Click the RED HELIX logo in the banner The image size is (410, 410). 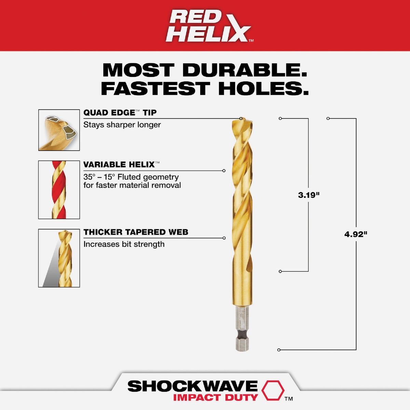pyautogui.click(x=209, y=26)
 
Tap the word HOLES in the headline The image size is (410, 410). pyautogui.click(x=263, y=88)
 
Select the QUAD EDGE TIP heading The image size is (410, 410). pyautogui.click(x=120, y=113)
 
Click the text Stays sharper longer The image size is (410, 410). pyautogui.click(x=122, y=125)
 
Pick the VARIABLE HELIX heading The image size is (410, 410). pyautogui.click(x=119, y=165)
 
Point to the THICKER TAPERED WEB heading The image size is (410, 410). pyautogui.click(x=136, y=232)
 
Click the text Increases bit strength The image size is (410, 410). pyautogui.click(x=124, y=244)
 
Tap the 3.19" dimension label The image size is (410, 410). pyautogui.click(x=309, y=195)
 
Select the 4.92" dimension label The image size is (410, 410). pyautogui.click(x=356, y=234)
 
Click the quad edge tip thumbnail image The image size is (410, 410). pyautogui.click(x=59, y=130)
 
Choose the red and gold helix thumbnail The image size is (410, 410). pyautogui.click(x=59, y=190)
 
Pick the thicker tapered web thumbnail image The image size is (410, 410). pyautogui.click(x=59, y=258)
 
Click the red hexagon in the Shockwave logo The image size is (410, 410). pyautogui.click(x=273, y=391)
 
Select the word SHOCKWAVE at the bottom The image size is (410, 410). pyautogui.click(x=192, y=386)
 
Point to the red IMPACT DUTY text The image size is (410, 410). pyautogui.click(x=215, y=397)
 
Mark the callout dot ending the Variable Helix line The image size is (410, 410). pyautogui.click(x=224, y=170)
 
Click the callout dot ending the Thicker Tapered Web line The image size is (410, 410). pyautogui.click(x=224, y=238)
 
